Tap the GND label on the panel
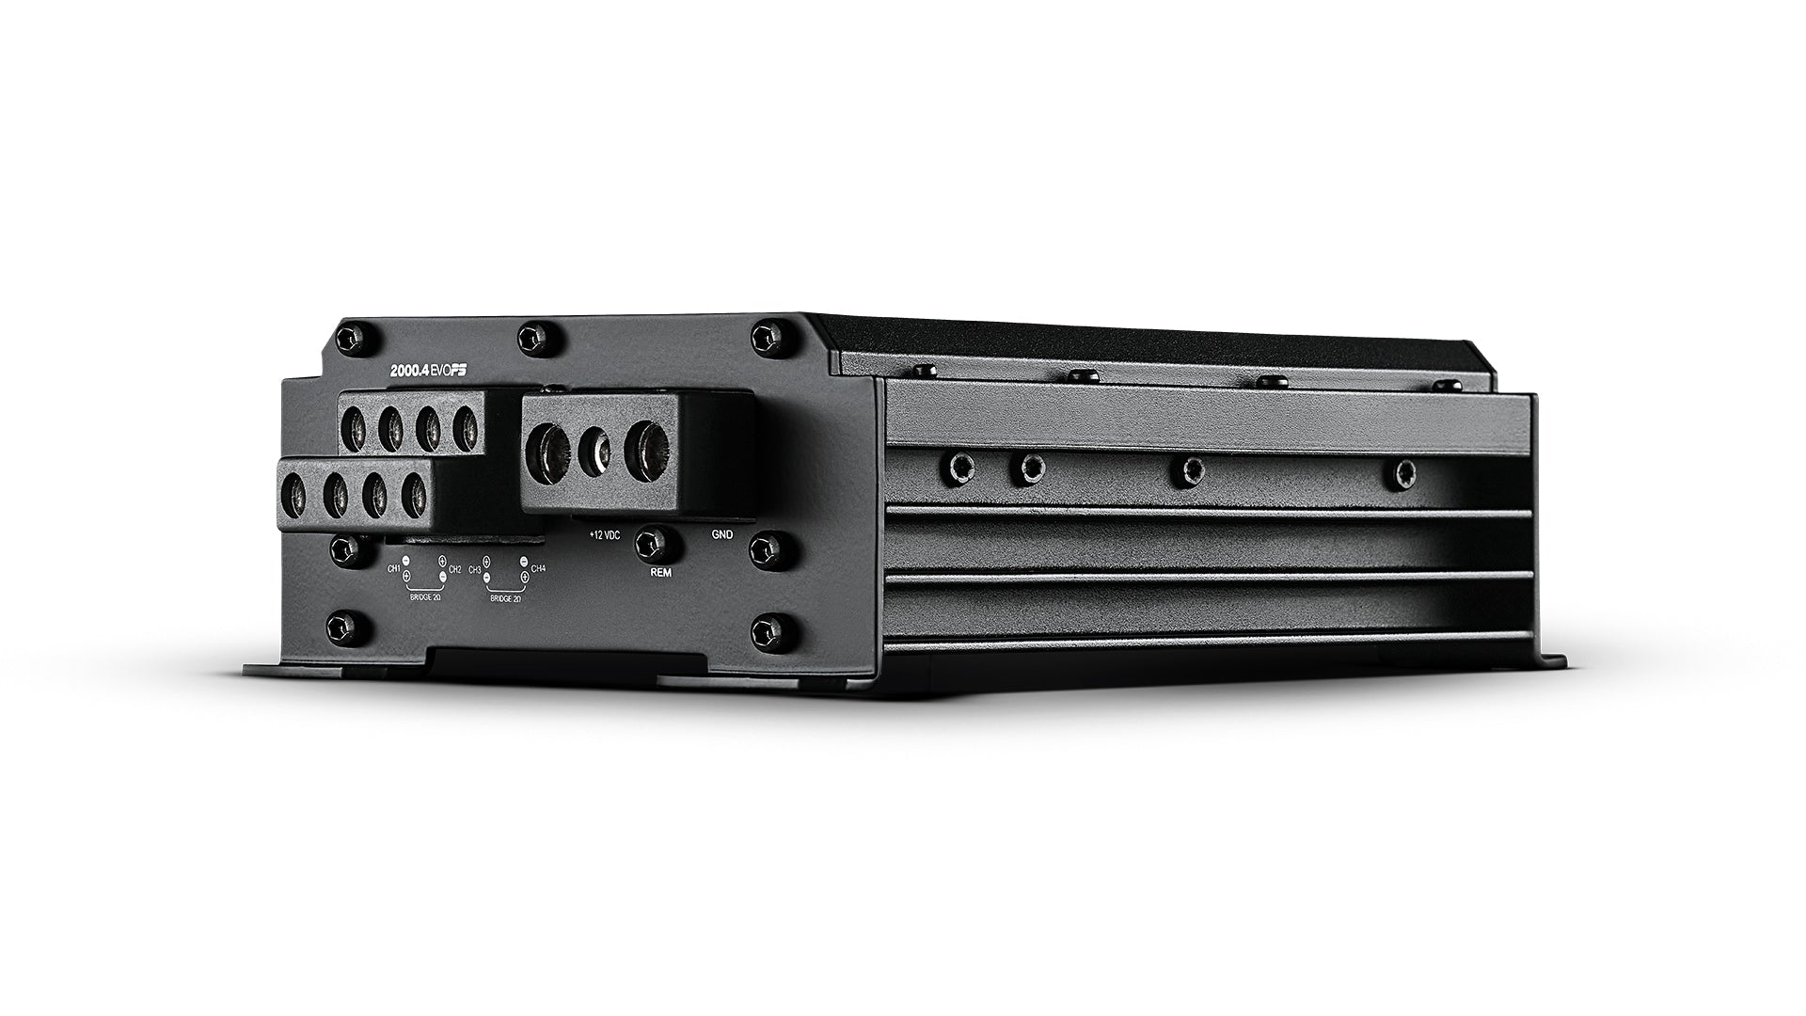(722, 533)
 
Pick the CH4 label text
(538, 568)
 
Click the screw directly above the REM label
(648, 541)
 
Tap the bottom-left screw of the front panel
(341, 626)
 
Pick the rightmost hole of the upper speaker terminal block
(466, 429)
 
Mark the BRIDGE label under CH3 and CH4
(504, 597)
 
